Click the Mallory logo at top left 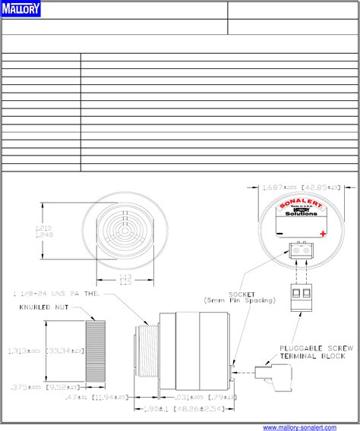coord(21,9)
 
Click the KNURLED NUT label coord(43,307)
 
